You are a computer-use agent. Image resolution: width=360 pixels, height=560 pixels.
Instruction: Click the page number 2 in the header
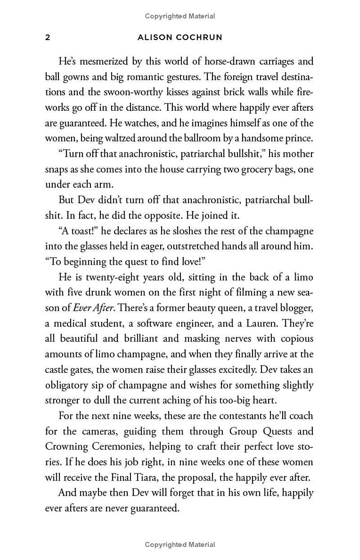tap(48, 38)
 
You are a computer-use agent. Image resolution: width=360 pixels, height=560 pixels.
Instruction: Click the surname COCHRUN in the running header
tap(199, 38)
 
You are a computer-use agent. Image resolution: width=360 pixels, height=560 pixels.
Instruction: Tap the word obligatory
tap(69, 385)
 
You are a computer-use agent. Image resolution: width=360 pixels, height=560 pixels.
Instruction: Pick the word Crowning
tap(66, 447)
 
